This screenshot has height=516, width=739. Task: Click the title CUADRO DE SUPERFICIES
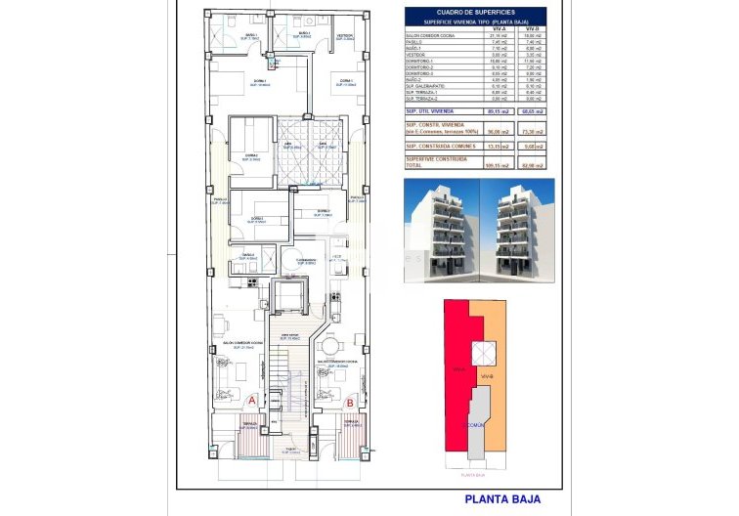[478, 12]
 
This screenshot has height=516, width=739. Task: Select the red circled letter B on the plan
[350, 401]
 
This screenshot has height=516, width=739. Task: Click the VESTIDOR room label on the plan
[344, 35]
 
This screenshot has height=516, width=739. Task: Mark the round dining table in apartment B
[329, 347]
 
